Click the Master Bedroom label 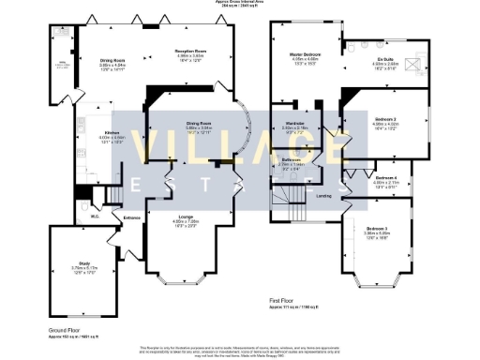305,55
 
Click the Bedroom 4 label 386,177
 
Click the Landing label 323,196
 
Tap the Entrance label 131,217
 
